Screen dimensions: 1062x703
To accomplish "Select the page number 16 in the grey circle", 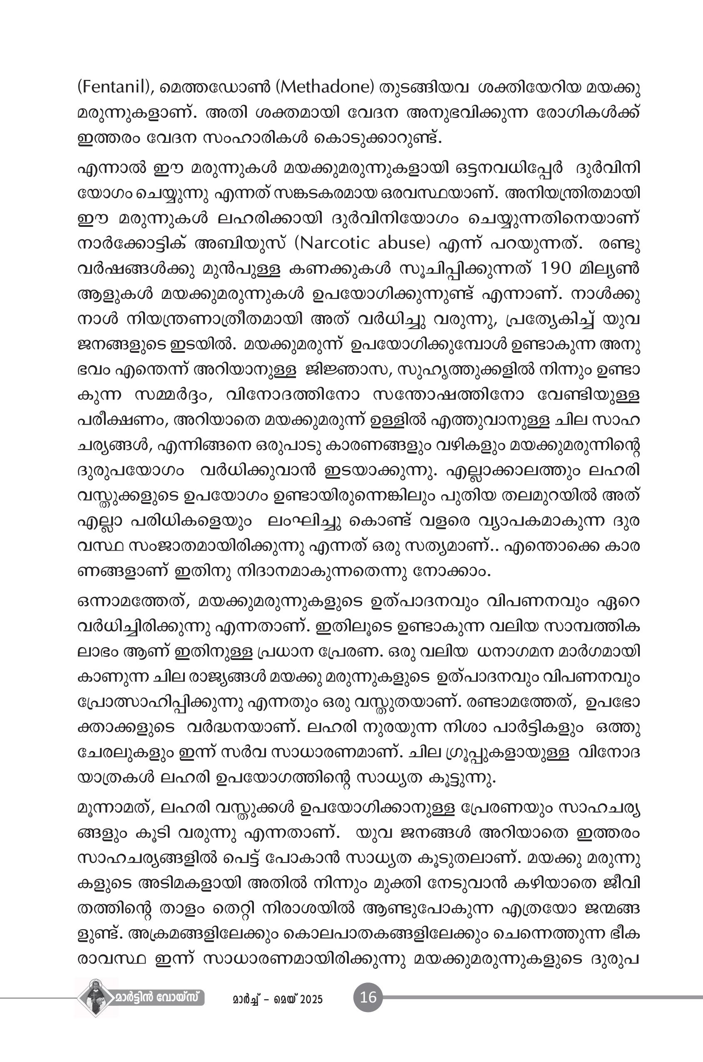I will point(368,997).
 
